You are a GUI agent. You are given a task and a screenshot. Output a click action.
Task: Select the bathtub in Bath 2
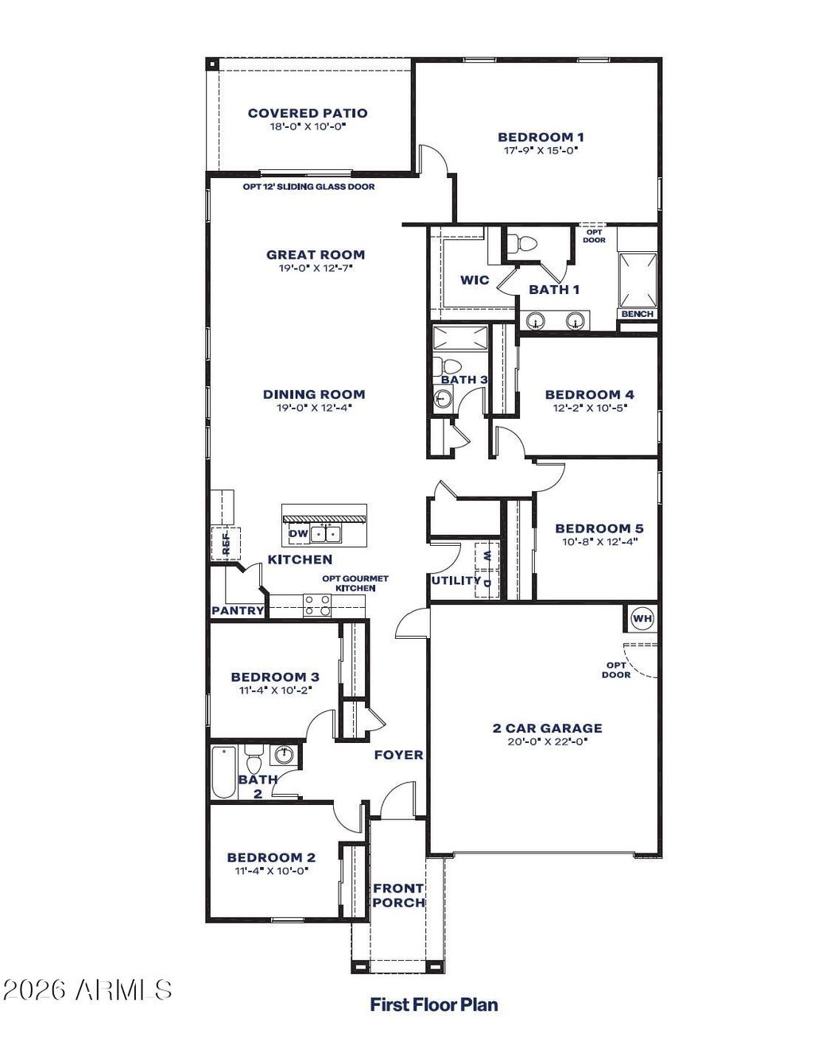(x=223, y=772)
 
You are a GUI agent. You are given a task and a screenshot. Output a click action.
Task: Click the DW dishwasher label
(x=298, y=533)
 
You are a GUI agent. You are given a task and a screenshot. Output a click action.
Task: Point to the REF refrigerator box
(x=226, y=543)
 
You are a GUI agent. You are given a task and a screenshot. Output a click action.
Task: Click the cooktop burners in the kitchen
(x=317, y=606)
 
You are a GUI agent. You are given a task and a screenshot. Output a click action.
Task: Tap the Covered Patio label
(x=308, y=113)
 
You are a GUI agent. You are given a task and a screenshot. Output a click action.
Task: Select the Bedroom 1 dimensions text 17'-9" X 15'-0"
(x=541, y=150)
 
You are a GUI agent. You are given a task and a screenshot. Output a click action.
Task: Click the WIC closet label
(x=475, y=280)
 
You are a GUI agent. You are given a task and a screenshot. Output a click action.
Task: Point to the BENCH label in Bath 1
(x=638, y=314)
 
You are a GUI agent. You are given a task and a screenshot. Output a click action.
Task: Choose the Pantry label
(x=238, y=610)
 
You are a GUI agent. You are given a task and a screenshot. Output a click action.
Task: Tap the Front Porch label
(x=399, y=896)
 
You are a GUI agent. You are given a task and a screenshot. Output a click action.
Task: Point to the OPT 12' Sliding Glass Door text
(x=309, y=187)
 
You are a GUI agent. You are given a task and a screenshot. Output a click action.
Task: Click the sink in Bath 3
(x=444, y=398)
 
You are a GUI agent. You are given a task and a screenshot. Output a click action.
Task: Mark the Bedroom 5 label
(x=599, y=528)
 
